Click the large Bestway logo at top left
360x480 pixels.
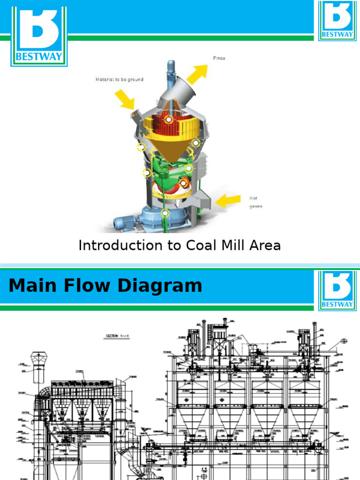coord(39,37)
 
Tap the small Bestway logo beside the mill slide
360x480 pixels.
coord(337,21)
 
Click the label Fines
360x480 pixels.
coord(219,58)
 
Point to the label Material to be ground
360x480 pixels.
coord(120,80)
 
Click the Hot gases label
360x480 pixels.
coord(256,202)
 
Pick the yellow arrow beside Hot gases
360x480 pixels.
coord(228,201)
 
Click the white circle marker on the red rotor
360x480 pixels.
coord(168,120)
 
